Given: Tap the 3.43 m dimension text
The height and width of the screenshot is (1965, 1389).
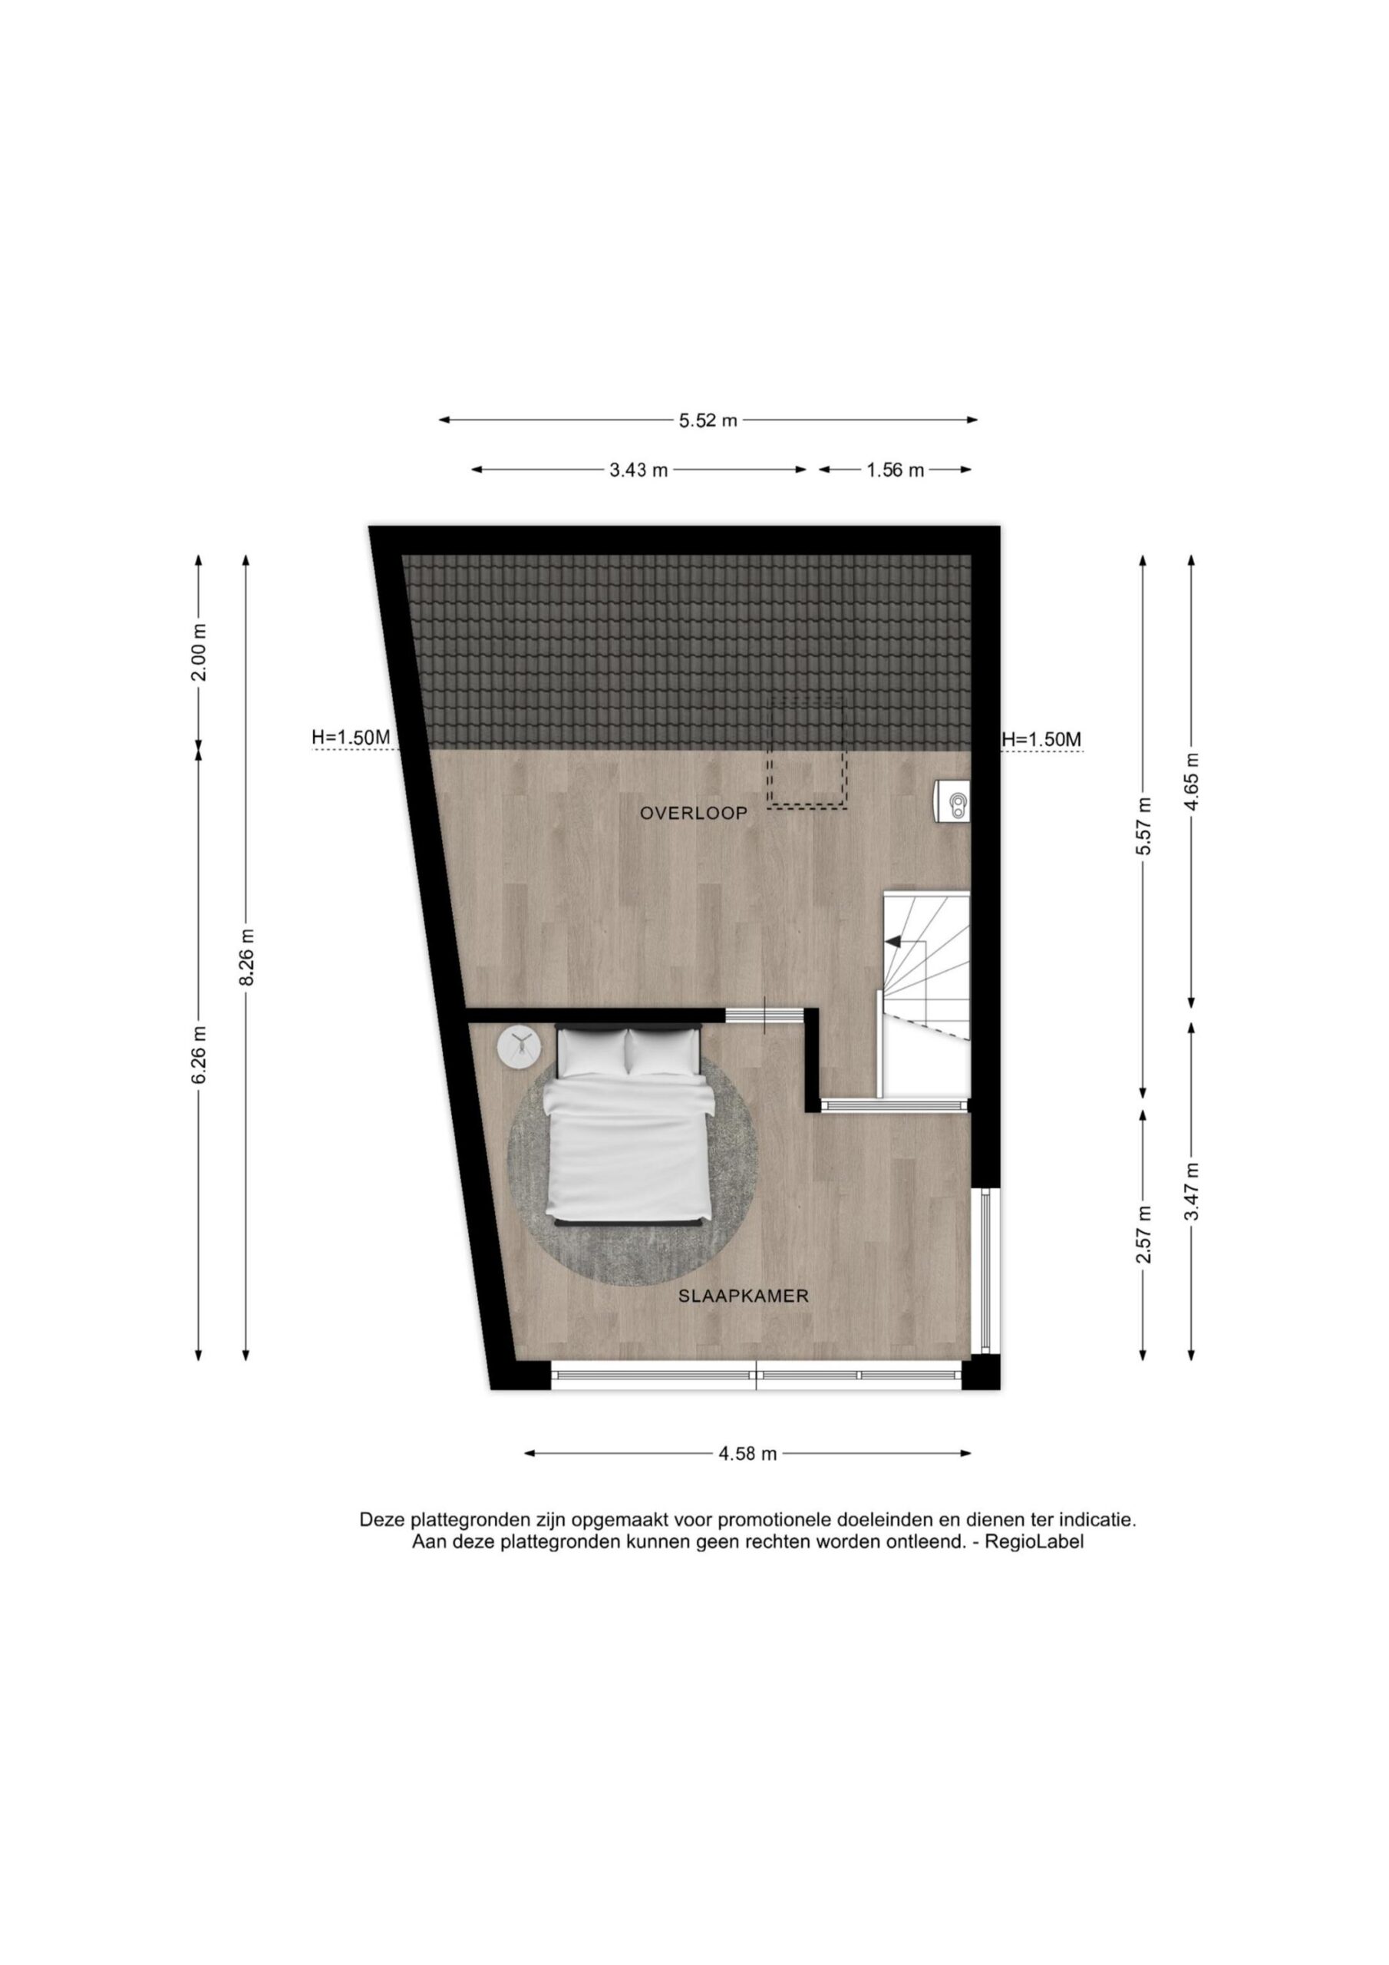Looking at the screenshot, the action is (638, 470).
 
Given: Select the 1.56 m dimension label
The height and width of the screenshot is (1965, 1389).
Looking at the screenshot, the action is (896, 470).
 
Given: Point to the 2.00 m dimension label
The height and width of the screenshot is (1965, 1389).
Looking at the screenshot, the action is (199, 652).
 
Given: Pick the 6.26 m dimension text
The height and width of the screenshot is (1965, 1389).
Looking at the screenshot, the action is (199, 1055).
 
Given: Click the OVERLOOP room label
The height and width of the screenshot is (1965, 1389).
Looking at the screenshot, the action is (693, 813).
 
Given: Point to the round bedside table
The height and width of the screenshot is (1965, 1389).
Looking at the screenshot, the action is (520, 1046).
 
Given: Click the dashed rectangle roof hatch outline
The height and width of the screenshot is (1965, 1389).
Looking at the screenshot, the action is (807, 752).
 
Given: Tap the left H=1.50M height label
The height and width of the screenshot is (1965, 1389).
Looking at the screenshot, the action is (351, 737).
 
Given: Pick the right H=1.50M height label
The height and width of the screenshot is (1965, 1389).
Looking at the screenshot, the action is (1041, 738).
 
